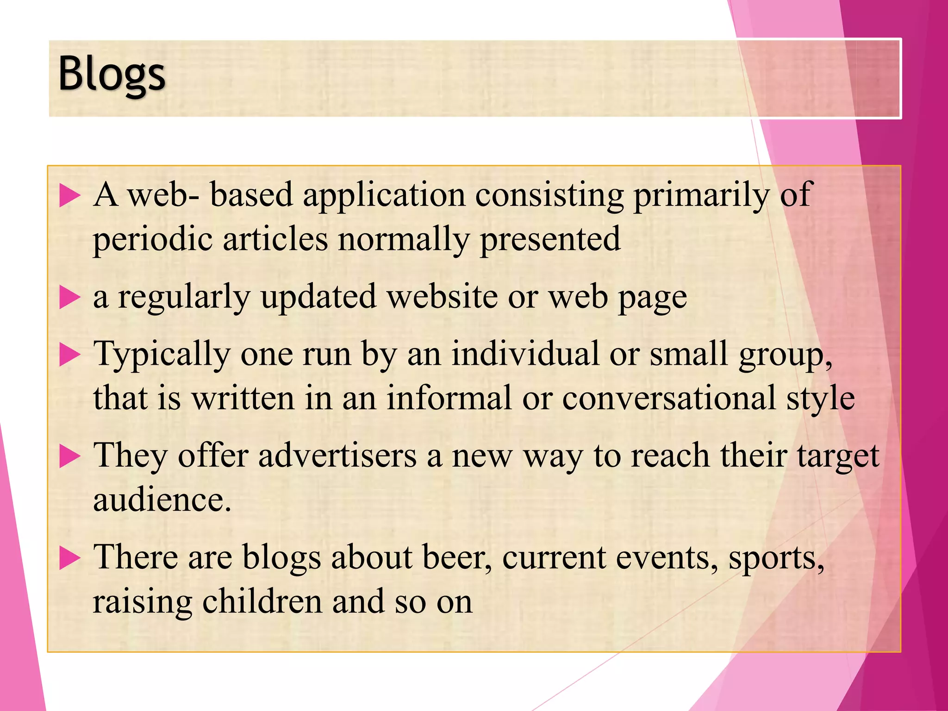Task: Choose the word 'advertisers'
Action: [x=337, y=456]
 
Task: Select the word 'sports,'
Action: [x=776, y=558]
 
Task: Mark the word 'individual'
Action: [x=525, y=355]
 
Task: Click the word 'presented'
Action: [x=550, y=240]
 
